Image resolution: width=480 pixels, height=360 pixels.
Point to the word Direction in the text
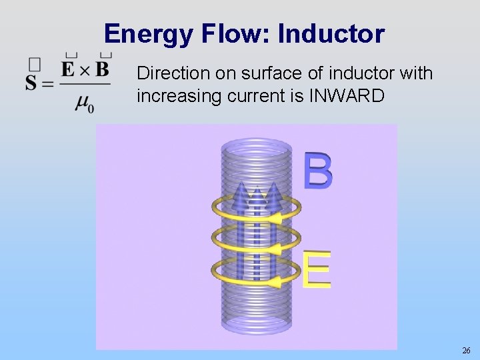point(167,73)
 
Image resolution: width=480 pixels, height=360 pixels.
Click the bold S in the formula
point(31,84)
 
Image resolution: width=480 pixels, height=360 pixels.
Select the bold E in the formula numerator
point(67,69)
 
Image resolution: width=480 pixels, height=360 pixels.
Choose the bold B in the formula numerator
point(101,69)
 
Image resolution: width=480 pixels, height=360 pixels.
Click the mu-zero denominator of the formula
point(84,103)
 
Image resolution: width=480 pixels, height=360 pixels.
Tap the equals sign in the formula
point(47,84)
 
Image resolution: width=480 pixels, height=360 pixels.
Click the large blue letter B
point(318,171)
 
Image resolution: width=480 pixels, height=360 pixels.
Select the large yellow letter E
point(317,269)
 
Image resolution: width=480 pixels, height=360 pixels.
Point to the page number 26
point(465,350)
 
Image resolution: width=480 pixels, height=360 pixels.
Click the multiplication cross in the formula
point(85,69)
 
